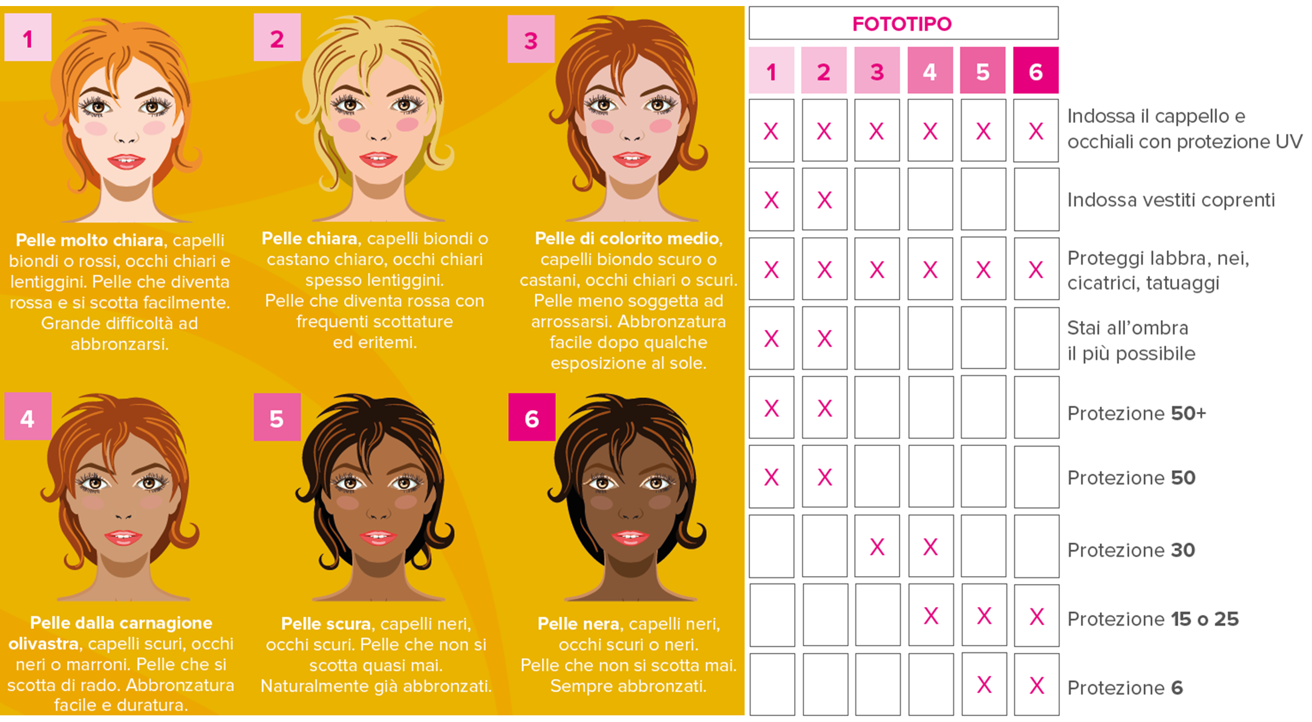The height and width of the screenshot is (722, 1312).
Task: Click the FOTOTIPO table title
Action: pyautogui.click(x=902, y=24)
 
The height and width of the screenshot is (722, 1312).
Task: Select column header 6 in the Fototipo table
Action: pyautogui.click(x=1036, y=71)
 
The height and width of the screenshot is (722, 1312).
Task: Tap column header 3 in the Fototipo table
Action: pyautogui.click(x=876, y=71)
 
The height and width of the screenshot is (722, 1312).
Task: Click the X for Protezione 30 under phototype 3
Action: pyautogui.click(x=877, y=547)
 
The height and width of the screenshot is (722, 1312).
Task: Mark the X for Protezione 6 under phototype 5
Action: pyautogui.click(x=984, y=685)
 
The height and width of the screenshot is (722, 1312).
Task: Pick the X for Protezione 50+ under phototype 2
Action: pyautogui.click(x=824, y=409)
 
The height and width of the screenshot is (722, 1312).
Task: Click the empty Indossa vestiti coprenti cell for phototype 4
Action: pyautogui.click(x=930, y=200)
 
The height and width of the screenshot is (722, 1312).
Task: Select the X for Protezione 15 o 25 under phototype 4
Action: pyautogui.click(x=931, y=616)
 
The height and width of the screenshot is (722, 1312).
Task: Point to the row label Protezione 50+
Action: pyautogui.click(x=1137, y=413)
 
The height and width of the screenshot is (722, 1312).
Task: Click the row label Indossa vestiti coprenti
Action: pyautogui.click(x=1171, y=200)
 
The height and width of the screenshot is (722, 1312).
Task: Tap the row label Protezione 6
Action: pyautogui.click(x=1125, y=688)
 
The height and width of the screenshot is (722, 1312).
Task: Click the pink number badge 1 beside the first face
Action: pyautogui.click(x=28, y=38)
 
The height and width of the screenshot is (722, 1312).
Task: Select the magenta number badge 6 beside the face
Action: pyautogui.click(x=532, y=417)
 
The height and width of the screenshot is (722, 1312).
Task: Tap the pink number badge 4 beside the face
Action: pyautogui.click(x=28, y=416)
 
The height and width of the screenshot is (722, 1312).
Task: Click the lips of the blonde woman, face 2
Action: pyautogui.click(x=378, y=160)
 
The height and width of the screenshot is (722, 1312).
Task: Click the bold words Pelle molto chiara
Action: pyautogui.click(x=90, y=240)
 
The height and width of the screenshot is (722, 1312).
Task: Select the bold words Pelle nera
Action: pyautogui.click(x=578, y=623)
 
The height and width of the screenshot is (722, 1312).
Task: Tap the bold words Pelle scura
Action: pyautogui.click(x=326, y=623)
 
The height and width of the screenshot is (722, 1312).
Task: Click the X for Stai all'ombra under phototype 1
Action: pyautogui.click(x=771, y=339)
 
